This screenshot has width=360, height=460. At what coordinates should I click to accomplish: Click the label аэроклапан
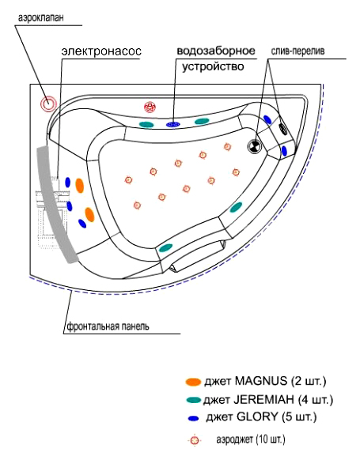40,18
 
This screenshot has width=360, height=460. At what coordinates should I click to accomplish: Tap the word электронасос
101,51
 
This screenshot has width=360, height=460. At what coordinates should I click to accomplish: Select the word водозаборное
216,51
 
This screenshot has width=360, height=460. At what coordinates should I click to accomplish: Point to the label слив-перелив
297,51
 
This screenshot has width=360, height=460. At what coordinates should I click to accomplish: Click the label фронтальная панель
108,326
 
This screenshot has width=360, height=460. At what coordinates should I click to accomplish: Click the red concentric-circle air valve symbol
48,104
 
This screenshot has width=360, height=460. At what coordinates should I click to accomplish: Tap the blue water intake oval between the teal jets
173,124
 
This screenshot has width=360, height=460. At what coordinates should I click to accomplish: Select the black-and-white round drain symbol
254,145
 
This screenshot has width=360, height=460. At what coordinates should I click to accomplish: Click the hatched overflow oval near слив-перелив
283,129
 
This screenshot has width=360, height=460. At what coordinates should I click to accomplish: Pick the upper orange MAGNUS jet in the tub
80,186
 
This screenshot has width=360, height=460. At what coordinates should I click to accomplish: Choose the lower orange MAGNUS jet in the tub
89,215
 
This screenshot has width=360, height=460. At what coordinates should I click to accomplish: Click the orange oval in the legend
193,382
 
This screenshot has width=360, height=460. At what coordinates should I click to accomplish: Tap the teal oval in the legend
194,400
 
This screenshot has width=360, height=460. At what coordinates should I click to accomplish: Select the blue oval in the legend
193,418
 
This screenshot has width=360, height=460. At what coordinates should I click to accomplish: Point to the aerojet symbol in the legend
195,440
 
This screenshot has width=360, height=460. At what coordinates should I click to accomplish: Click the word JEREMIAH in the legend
264,400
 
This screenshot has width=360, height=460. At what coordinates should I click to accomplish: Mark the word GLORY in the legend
257,417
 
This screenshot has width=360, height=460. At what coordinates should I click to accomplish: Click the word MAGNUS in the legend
261,381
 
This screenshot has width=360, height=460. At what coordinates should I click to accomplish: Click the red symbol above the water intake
150,107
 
